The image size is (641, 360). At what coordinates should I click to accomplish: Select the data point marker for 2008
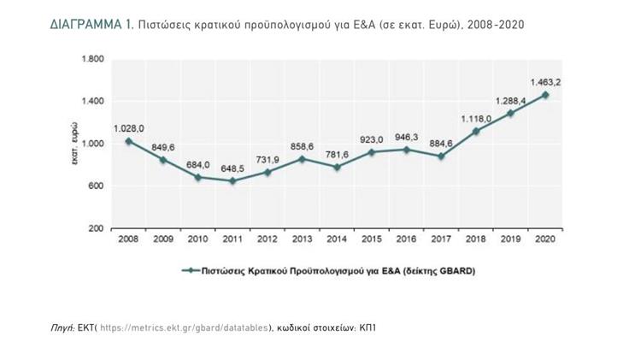coord(129,141)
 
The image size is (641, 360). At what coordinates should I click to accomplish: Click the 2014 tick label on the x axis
coord(338,239)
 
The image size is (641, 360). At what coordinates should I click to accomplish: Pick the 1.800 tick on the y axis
coord(91,59)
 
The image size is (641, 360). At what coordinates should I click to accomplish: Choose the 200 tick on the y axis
coord(96,228)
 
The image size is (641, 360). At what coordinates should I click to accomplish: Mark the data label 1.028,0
coord(129,128)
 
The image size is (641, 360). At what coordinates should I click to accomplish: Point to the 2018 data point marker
coord(476,131)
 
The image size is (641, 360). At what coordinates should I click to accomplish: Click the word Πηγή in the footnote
coord(63,327)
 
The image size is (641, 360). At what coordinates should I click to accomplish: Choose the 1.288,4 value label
coord(510,100)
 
